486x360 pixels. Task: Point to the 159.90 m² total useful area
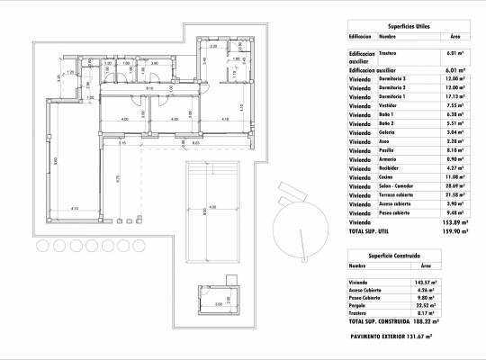(x=453, y=229)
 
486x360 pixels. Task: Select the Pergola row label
(x=360, y=305)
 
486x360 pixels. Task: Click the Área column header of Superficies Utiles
(x=454, y=37)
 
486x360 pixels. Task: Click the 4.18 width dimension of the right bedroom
(x=225, y=118)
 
